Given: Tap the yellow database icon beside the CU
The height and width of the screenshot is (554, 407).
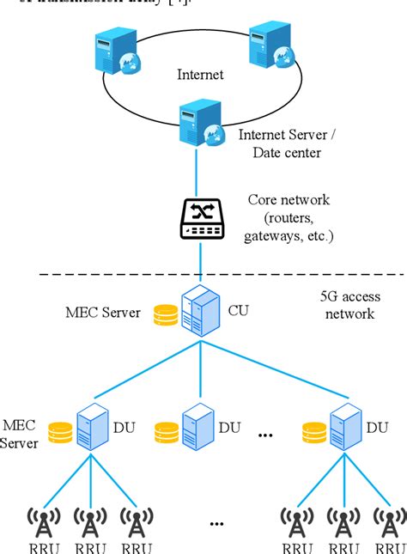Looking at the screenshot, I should click(x=166, y=314).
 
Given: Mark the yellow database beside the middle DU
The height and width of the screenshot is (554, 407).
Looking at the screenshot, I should click(x=166, y=431).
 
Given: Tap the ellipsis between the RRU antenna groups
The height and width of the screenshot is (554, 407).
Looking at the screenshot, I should click(x=216, y=521).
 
